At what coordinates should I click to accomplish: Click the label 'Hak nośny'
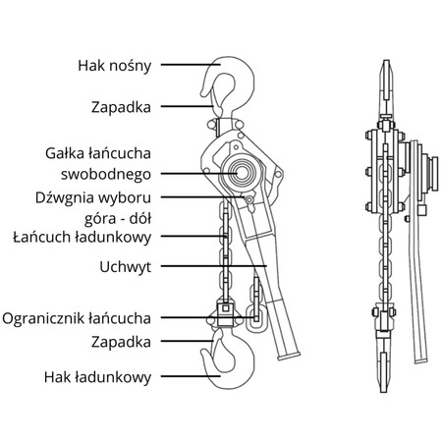(x=114, y=66)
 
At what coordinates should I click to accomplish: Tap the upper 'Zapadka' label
(x=121, y=107)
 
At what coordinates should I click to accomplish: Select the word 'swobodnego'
(x=106, y=175)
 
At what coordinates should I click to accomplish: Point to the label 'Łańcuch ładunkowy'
(x=83, y=237)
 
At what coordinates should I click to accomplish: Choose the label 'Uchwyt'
(x=126, y=267)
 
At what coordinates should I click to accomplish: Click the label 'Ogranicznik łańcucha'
(x=77, y=318)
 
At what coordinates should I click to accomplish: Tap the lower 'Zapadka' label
(x=121, y=342)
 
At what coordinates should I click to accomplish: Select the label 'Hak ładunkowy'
(x=97, y=377)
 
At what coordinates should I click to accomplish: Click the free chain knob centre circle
(x=242, y=173)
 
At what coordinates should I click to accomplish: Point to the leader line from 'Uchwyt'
(x=214, y=266)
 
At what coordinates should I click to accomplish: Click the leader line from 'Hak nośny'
(x=191, y=65)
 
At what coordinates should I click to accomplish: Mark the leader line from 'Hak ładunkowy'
(x=191, y=376)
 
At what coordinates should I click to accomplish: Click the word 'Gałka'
(x=64, y=153)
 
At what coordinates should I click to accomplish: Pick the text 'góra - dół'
(x=118, y=219)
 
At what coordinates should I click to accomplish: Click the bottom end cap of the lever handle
(x=289, y=356)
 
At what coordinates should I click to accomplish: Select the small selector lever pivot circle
(x=249, y=199)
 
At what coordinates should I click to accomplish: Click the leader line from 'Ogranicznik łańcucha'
(x=209, y=317)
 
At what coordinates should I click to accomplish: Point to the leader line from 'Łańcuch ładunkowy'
(x=193, y=236)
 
